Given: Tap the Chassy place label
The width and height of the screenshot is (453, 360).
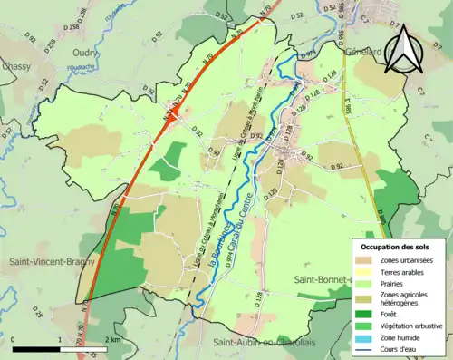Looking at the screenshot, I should tap(16, 67).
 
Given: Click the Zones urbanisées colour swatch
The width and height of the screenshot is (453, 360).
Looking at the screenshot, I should tap(365, 260).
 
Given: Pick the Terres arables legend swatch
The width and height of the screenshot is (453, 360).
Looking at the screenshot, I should tap(365, 272).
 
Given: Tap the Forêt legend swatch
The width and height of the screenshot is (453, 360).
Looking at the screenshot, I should tap(365, 308).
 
